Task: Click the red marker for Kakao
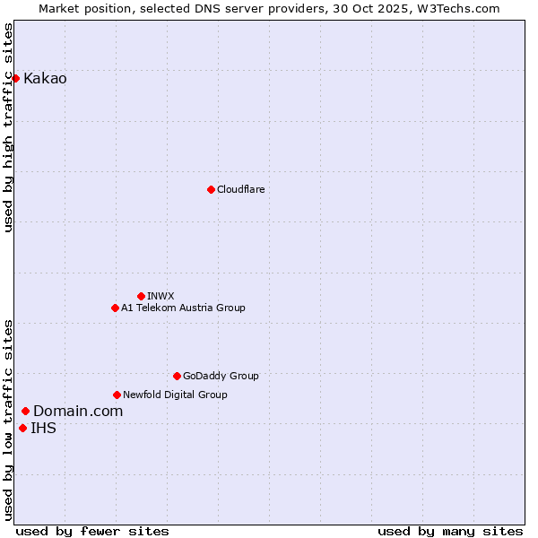[x=16, y=78]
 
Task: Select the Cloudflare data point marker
[x=211, y=189]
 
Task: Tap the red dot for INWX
[x=141, y=296]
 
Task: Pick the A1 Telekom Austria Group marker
[x=115, y=308]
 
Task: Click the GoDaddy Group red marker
[x=177, y=376]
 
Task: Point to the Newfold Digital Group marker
[x=117, y=395]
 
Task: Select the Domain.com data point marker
[x=25, y=411]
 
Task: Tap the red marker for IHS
[x=22, y=428]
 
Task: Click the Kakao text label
[x=45, y=79]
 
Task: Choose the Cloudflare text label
[x=240, y=189]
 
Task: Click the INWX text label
[x=161, y=296]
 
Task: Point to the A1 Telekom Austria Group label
[x=183, y=308]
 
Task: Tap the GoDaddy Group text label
[x=221, y=376]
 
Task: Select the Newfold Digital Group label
[x=175, y=395]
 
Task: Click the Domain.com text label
[x=78, y=411]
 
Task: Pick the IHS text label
[x=43, y=428]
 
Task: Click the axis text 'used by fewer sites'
[x=92, y=531]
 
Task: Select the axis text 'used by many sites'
[x=450, y=531]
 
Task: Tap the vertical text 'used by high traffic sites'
[x=8, y=128]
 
